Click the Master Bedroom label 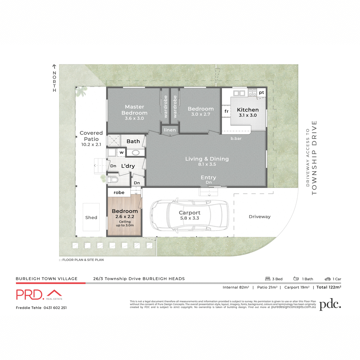134,110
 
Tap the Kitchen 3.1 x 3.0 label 248,112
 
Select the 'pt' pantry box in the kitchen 262,92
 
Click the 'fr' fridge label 226,111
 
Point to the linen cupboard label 170,130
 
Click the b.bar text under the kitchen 236,139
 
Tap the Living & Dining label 207,159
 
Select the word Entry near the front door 208,178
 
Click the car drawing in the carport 189,215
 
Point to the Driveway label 259,217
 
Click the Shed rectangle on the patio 91,217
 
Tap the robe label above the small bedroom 119,193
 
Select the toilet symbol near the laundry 113,180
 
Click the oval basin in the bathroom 136,153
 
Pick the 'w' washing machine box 121,152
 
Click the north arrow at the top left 54,67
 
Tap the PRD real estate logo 39,295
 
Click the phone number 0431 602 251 55,308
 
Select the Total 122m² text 329,287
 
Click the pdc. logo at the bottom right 330,304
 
